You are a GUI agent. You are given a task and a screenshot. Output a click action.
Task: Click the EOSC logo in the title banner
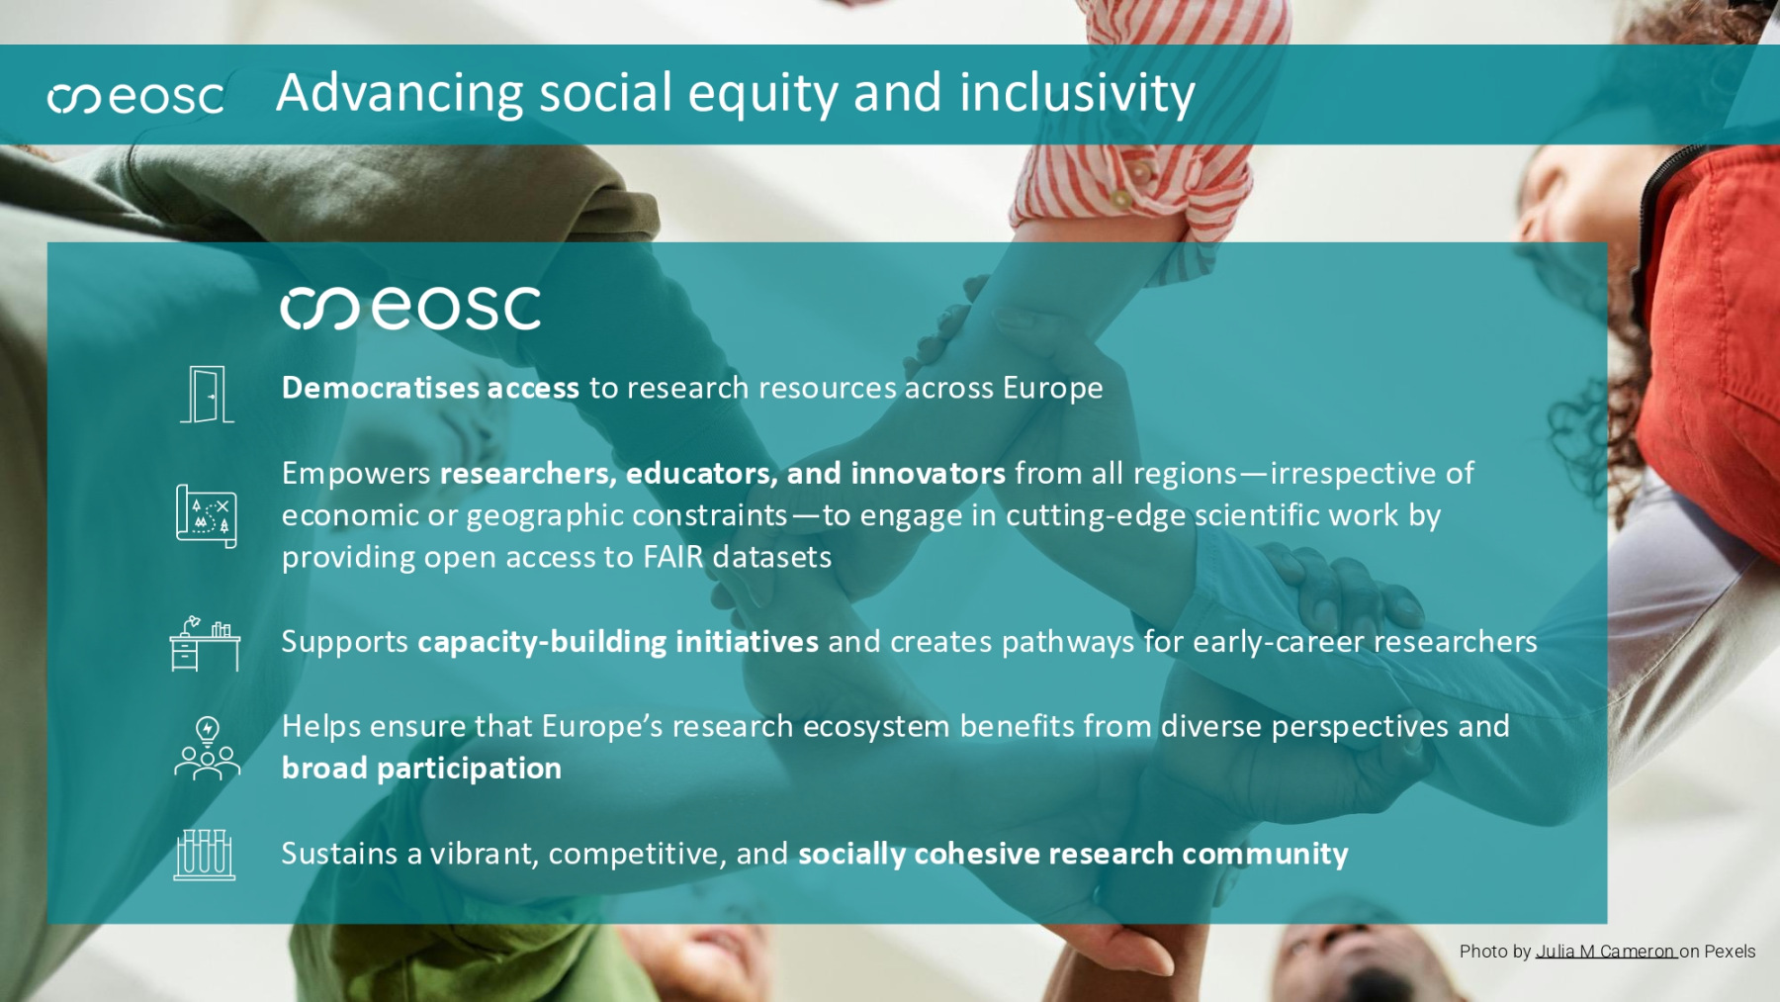tap(136, 97)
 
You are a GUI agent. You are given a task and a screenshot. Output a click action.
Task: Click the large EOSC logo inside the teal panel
tap(410, 309)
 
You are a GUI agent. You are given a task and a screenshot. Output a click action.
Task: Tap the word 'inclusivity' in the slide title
tap(1077, 94)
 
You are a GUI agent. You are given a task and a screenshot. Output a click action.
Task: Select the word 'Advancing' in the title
tap(400, 94)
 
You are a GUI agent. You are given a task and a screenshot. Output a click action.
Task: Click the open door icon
tap(207, 394)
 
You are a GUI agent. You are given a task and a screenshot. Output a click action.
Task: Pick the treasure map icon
tap(207, 515)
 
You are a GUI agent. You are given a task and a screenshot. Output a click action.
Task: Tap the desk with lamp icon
tap(205, 643)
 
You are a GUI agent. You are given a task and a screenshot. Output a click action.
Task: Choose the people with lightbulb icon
tap(207, 749)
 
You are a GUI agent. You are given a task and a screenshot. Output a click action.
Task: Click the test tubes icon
tap(205, 855)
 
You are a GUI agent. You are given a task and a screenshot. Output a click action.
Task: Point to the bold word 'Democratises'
tap(382, 388)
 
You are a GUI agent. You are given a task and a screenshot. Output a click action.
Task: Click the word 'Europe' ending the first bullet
tap(1052, 389)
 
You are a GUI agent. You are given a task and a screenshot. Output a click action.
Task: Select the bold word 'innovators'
tap(928, 474)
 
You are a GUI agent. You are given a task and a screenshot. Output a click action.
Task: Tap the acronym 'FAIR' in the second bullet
tap(673, 557)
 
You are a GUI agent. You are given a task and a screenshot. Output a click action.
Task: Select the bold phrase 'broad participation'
tap(421, 769)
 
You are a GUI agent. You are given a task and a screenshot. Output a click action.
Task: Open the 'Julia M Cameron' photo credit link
tap(1606, 952)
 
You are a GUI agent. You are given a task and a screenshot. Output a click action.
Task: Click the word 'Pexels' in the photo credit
tap(1730, 952)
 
